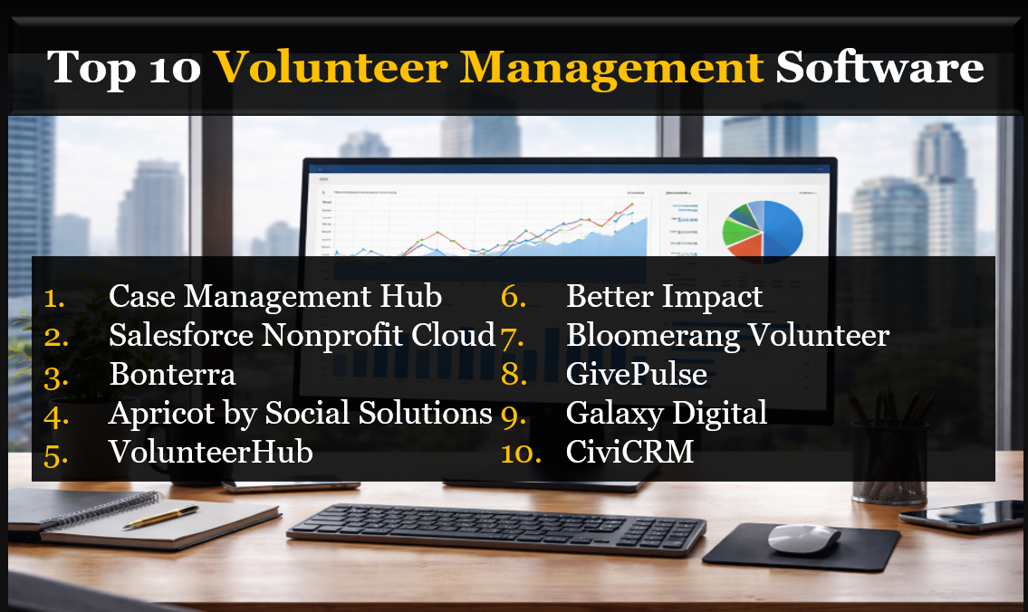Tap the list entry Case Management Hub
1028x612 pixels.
(x=275, y=296)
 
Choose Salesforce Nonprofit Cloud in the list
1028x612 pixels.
(x=302, y=335)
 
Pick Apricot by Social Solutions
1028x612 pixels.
(x=300, y=413)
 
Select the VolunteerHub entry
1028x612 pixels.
(x=211, y=452)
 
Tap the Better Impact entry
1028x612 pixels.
(x=664, y=296)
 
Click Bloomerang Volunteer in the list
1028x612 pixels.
(x=727, y=335)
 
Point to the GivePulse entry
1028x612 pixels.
(x=636, y=374)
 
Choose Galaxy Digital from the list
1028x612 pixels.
(x=666, y=413)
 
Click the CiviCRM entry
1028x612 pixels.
(x=629, y=452)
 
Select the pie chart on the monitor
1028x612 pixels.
(x=763, y=230)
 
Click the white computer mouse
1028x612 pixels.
(x=803, y=539)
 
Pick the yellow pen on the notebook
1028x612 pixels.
(x=161, y=517)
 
